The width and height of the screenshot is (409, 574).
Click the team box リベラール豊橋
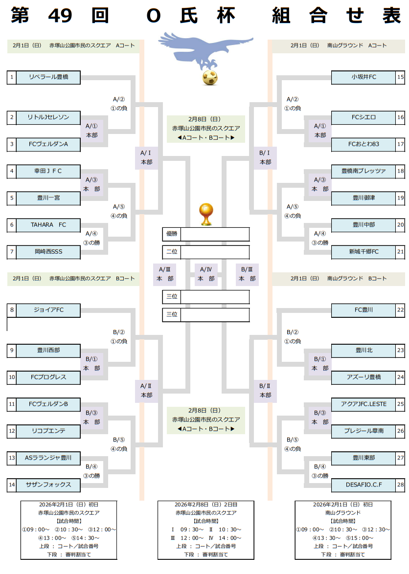click(x=48, y=77)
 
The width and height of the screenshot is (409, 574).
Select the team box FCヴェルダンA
click(x=48, y=144)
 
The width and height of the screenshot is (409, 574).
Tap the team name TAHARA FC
click(x=48, y=225)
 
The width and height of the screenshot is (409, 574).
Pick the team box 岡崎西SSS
click(x=48, y=252)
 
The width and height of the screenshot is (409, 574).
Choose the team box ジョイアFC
click(x=48, y=310)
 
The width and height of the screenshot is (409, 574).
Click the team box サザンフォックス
click(x=48, y=485)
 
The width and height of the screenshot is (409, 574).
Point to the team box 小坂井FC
click(x=363, y=77)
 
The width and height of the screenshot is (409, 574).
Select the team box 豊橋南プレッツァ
click(x=363, y=171)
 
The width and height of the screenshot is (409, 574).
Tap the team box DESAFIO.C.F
click(x=363, y=485)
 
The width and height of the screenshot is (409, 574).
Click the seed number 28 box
click(x=400, y=485)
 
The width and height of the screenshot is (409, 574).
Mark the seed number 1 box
click(x=11, y=77)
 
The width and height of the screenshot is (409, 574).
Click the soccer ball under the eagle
click(x=210, y=78)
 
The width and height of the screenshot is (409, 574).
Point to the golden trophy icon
click(x=205, y=214)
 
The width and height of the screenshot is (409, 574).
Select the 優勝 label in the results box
click(x=171, y=234)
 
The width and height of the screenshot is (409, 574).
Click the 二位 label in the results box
click(x=171, y=252)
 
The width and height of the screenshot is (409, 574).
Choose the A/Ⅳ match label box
click(x=205, y=274)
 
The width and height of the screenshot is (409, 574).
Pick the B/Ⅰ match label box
click(x=265, y=157)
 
